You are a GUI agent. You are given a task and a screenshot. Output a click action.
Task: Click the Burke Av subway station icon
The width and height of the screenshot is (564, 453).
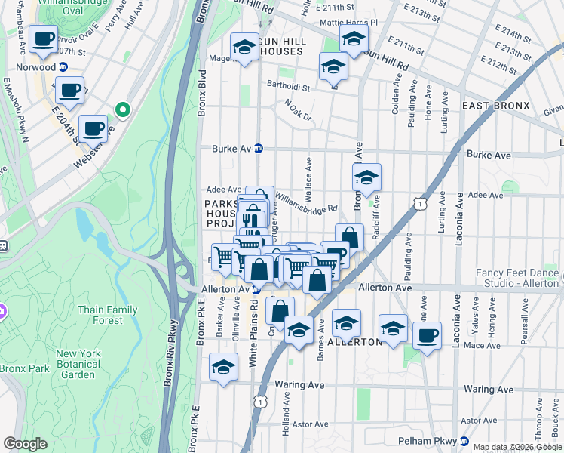258,148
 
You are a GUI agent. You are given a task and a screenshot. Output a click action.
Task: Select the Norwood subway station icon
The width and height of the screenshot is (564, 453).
63,66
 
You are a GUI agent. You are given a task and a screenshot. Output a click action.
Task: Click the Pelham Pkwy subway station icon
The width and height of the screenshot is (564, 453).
465,440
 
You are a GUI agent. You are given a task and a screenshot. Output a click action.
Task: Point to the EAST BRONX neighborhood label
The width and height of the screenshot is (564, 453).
495,105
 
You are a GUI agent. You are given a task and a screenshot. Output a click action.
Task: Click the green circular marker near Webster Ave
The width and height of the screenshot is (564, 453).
122,111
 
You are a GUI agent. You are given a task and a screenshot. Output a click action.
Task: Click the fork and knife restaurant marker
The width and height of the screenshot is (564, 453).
251,218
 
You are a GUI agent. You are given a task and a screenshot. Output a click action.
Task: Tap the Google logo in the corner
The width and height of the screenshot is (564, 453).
25,444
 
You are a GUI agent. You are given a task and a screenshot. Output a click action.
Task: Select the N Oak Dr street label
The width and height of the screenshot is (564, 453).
298,108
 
